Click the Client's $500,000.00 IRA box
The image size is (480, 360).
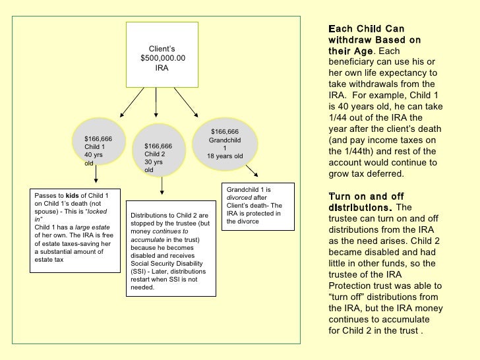162,55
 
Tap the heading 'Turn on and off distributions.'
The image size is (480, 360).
366,202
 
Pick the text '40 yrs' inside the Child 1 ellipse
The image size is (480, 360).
94,155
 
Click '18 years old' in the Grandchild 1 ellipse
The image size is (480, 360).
225,156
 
